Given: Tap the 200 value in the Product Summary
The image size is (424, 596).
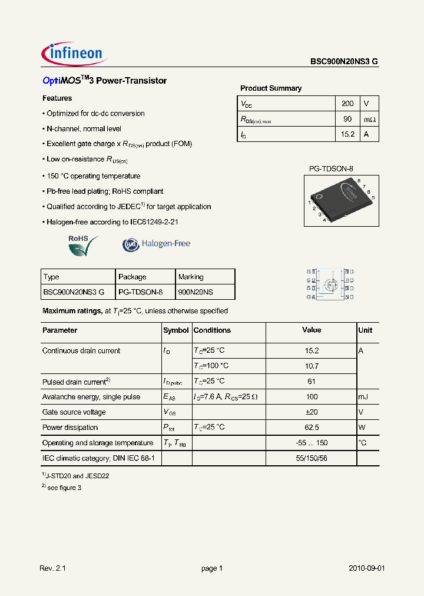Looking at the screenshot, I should pyautogui.click(x=347, y=104).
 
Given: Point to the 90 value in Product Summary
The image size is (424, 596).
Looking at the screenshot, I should pyautogui.click(x=347, y=119).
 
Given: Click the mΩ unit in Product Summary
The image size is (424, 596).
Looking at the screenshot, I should pyautogui.click(x=369, y=120).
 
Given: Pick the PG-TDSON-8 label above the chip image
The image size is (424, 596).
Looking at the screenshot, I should pyautogui.click(x=331, y=169).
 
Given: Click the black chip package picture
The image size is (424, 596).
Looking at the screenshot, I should pyautogui.click(x=340, y=198).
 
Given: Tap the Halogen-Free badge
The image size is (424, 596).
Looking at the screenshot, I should pyautogui.click(x=156, y=244).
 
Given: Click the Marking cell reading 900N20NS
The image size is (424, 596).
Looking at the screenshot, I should pyautogui.click(x=195, y=292).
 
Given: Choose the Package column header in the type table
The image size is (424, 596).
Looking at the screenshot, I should pyautogui.click(x=132, y=277).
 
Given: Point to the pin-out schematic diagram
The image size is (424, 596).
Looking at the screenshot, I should pyautogui.click(x=330, y=284).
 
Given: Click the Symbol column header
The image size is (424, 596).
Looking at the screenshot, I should pyautogui.click(x=176, y=330).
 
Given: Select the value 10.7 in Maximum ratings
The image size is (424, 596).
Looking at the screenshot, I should pyautogui.click(x=312, y=366).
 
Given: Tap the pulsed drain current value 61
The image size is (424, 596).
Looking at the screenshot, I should pyautogui.click(x=312, y=381).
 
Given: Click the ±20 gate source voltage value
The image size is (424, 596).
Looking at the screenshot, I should pyautogui.click(x=312, y=412).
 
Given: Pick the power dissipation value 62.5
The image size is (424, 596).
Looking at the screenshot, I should pyautogui.click(x=312, y=428).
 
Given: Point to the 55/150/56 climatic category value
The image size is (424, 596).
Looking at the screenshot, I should pyautogui.click(x=312, y=458).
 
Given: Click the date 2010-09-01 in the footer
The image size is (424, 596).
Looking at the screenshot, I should pyautogui.click(x=366, y=568).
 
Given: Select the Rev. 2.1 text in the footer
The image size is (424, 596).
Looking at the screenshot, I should pyautogui.click(x=52, y=568).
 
